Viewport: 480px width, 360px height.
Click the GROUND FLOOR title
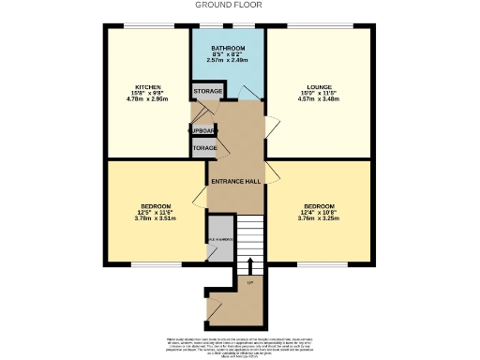(x=229, y=5)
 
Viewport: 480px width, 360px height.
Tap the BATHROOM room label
(x=228, y=48)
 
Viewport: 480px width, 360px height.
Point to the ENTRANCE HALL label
(x=234, y=181)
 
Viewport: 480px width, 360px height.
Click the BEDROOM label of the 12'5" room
(x=156, y=206)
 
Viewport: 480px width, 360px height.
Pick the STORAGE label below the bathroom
(x=208, y=91)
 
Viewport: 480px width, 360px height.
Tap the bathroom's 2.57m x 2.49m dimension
(x=228, y=61)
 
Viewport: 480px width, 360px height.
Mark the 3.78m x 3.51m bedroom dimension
(x=156, y=218)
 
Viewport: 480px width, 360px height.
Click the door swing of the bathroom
(x=247, y=91)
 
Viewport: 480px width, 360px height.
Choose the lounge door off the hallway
(x=271, y=128)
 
